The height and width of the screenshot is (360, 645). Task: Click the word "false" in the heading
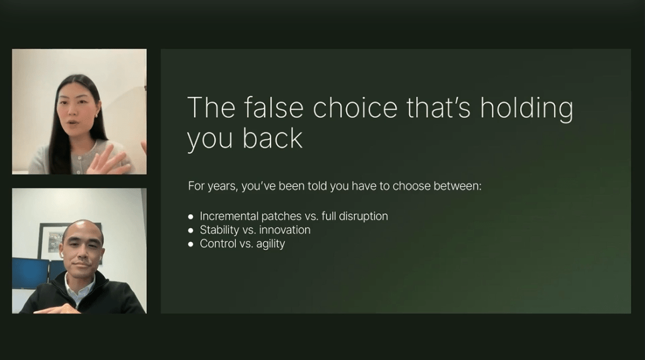[274, 107]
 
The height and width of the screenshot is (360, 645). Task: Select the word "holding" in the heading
[526, 109]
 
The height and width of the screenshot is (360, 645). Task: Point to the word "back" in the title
[272, 138]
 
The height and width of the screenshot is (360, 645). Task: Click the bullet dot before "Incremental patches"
[190, 216]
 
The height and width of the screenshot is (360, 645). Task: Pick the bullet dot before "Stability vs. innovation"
[190, 230]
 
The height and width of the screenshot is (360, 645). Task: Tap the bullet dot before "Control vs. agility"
[190, 245]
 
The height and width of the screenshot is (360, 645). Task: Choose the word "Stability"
[219, 230]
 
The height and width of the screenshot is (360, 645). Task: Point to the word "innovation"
[284, 230]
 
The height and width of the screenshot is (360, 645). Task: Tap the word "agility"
[270, 244]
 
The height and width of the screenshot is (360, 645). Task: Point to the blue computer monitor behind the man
[30, 273]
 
